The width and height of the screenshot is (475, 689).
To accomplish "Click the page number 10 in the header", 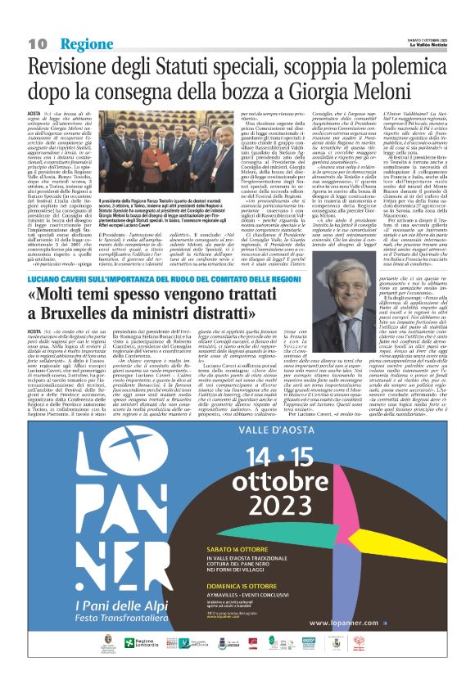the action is [38, 43].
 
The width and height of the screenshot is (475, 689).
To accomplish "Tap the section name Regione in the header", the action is [85, 43].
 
